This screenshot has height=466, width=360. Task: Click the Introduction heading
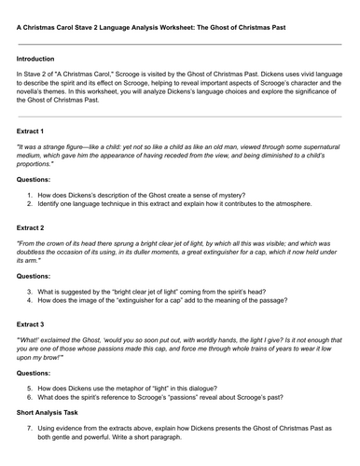click(35, 59)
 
